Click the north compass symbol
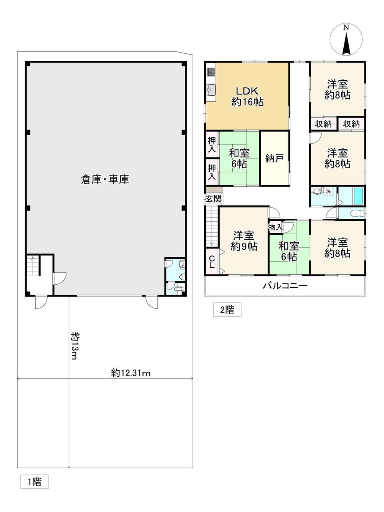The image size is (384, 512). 346,40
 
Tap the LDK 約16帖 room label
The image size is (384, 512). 247,96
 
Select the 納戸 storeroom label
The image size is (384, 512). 274,158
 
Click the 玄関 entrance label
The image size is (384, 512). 214,199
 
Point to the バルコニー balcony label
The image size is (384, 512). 285,286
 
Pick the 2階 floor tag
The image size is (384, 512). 227,310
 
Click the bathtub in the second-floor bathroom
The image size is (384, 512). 359,196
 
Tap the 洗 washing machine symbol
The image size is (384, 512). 328,192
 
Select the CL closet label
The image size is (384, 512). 212,262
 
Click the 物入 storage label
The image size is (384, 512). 275,227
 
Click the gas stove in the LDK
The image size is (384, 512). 211,72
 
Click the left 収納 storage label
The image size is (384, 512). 323,124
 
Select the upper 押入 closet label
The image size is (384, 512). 212,145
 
